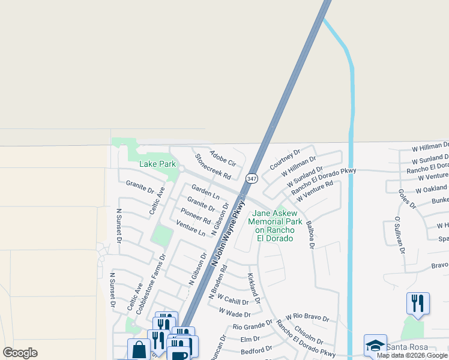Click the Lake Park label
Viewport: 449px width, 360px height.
[x=157, y=164]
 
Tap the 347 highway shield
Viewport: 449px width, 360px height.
[x=252, y=178]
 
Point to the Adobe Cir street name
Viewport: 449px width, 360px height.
[x=223, y=158]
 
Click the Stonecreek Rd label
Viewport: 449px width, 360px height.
[x=212, y=167]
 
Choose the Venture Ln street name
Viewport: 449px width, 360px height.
[x=191, y=228]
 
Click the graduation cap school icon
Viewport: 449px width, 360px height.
[x=375, y=344]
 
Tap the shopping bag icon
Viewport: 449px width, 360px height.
[x=139, y=349]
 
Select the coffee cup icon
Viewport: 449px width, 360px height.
[x=179, y=355]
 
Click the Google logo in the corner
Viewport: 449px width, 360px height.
[x=20, y=353]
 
